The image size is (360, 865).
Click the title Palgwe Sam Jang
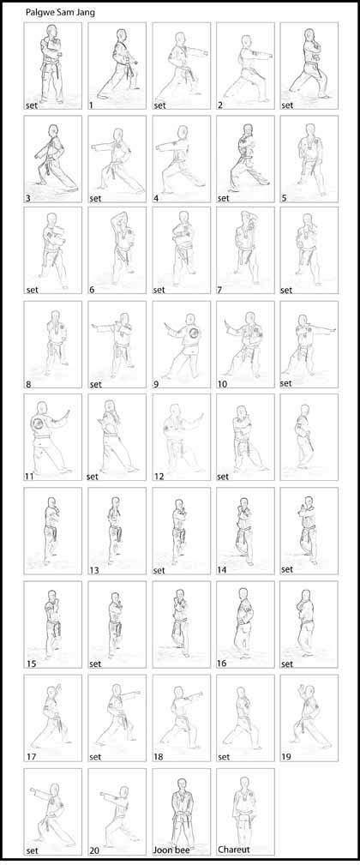pyautogui.click(x=60, y=12)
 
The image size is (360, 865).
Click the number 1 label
pyautogui.click(x=93, y=105)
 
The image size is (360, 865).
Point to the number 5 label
pyautogui.click(x=285, y=199)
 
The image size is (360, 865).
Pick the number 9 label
pyautogui.click(x=156, y=384)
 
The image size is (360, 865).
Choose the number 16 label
pyautogui.click(x=223, y=663)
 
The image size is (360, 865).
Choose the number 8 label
pyautogui.click(x=29, y=384)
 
